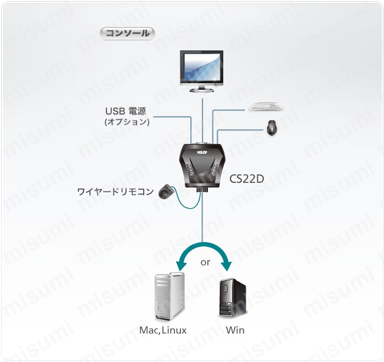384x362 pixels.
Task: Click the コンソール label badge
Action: (x=127, y=33)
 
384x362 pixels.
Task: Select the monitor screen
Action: (x=201, y=67)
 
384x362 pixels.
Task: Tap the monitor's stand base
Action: (x=202, y=90)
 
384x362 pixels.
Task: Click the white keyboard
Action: (x=266, y=106)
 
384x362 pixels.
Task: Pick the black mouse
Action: (x=272, y=127)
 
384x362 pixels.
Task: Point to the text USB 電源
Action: (x=126, y=111)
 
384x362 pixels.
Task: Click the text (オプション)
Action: (x=127, y=122)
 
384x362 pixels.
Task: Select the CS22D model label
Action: (x=247, y=179)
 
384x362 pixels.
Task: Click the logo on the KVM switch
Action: (x=202, y=153)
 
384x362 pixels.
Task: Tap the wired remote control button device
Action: (x=165, y=191)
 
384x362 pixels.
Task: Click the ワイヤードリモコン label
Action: (x=115, y=192)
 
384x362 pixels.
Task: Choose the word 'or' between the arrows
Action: (x=205, y=262)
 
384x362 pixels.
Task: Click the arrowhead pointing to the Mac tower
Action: (x=181, y=266)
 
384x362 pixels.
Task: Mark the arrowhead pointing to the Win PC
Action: (x=226, y=266)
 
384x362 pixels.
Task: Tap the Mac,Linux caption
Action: (x=163, y=330)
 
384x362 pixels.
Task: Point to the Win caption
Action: (x=235, y=330)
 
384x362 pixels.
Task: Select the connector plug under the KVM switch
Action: (x=202, y=189)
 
